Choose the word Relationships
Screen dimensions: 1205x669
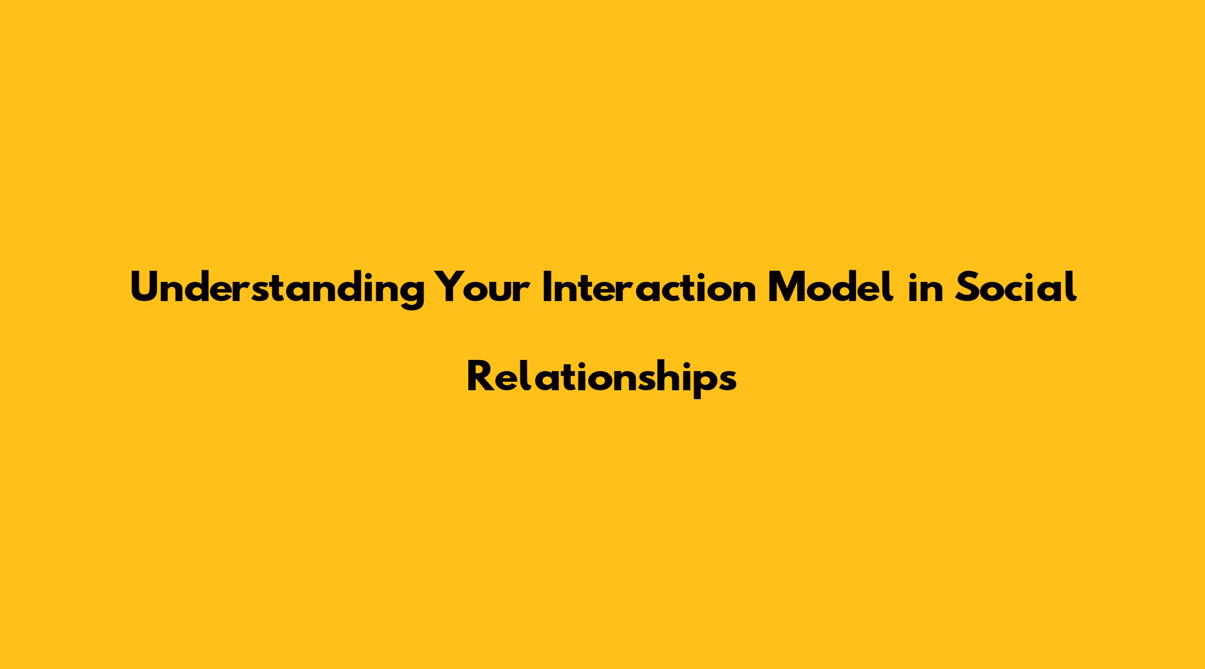pyautogui.click(x=602, y=378)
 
